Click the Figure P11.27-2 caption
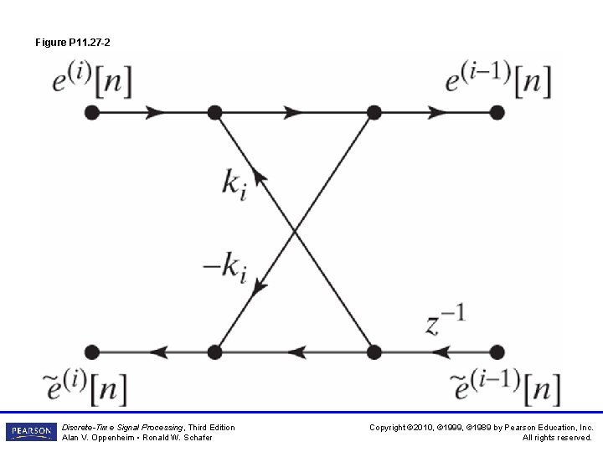click(x=74, y=42)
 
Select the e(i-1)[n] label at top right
click(x=498, y=81)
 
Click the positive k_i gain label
click(x=234, y=183)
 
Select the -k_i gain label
click(x=224, y=267)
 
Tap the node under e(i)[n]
click(x=92, y=111)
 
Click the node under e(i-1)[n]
click(x=497, y=111)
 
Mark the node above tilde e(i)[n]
click(x=92, y=352)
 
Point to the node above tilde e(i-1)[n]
click(x=497, y=352)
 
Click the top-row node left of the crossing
click(x=214, y=111)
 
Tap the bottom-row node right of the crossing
click(x=374, y=352)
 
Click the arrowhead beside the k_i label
click(x=260, y=176)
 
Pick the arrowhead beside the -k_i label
click(x=260, y=285)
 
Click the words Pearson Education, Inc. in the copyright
click(x=548, y=427)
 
